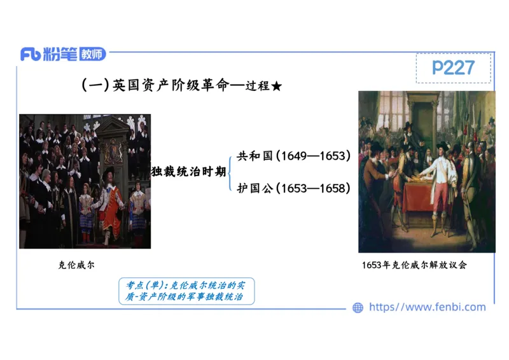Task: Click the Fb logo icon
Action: coord(31,54)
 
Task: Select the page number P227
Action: coord(453,68)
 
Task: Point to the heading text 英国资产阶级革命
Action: coord(170,86)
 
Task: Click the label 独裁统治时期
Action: coord(188,171)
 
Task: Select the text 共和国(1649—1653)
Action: coord(293,156)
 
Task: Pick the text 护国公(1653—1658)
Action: coord(293,188)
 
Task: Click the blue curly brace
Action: coord(230,172)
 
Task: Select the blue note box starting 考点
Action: coord(186,291)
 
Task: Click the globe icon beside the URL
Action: coord(358,308)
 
